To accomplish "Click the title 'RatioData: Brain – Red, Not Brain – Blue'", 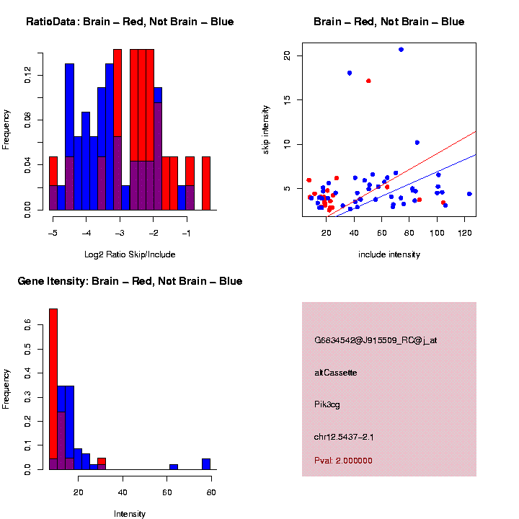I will (x=130, y=22).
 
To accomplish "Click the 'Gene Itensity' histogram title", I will (x=130, y=281).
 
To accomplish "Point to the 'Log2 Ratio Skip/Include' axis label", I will (x=130, y=254).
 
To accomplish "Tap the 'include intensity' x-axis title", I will (x=389, y=254).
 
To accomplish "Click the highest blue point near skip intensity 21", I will (x=401, y=49).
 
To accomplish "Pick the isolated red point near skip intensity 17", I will (x=368, y=81).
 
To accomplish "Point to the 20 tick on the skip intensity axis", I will (x=287, y=55).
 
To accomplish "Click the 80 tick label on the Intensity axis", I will (x=212, y=492).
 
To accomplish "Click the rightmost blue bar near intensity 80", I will (x=206, y=464).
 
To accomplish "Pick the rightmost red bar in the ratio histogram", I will (x=206, y=183).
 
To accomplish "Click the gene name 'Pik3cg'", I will (x=327, y=405).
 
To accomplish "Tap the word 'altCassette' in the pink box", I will (x=336, y=373).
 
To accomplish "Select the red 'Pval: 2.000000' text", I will (x=343, y=461).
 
